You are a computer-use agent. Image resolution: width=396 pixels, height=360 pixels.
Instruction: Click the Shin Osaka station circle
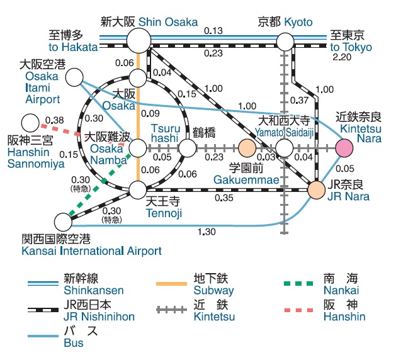click(x=139, y=42)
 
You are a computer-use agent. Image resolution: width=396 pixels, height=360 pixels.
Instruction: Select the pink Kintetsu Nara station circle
click(x=344, y=148)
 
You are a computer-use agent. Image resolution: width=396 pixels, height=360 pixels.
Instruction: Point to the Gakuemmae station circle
click(x=247, y=148)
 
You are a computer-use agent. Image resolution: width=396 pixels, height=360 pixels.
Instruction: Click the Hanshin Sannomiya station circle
click(x=30, y=123)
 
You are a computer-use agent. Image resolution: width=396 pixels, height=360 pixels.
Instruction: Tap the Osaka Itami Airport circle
click(x=75, y=77)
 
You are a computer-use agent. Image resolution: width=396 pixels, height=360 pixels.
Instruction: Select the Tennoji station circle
click(x=138, y=188)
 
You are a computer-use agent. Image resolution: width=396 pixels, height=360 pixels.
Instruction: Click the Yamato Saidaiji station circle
click(x=285, y=148)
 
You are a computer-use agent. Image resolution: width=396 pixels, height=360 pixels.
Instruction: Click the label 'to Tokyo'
click(x=351, y=47)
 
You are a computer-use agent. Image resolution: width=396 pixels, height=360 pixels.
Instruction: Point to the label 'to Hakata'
click(x=72, y=47)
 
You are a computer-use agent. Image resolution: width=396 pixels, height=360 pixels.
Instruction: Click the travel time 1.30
click(x=206, y=232)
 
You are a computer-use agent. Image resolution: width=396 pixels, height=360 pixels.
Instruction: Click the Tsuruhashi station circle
click(x=188, y=148)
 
